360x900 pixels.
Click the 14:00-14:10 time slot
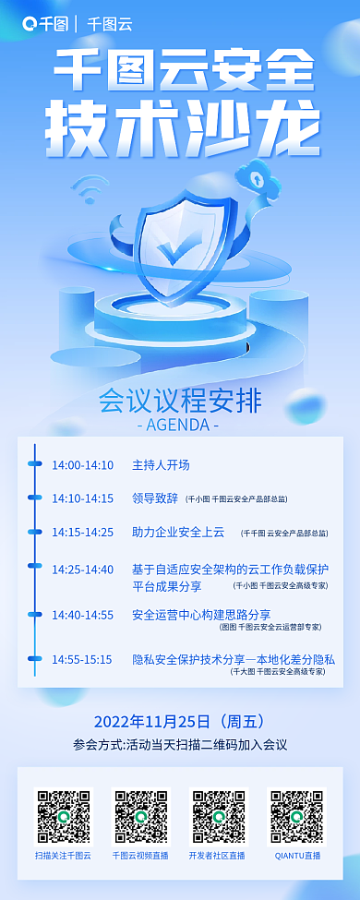82,464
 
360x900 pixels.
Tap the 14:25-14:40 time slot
82,569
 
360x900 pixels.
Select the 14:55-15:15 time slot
82,659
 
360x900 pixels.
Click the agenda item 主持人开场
161,464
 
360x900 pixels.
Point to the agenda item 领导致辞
155,498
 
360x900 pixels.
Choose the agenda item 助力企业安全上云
178,532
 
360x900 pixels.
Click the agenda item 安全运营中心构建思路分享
201,614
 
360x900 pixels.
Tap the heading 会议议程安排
180,402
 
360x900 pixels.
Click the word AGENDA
178,426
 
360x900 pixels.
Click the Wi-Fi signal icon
89,189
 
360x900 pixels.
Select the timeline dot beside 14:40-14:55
35,614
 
